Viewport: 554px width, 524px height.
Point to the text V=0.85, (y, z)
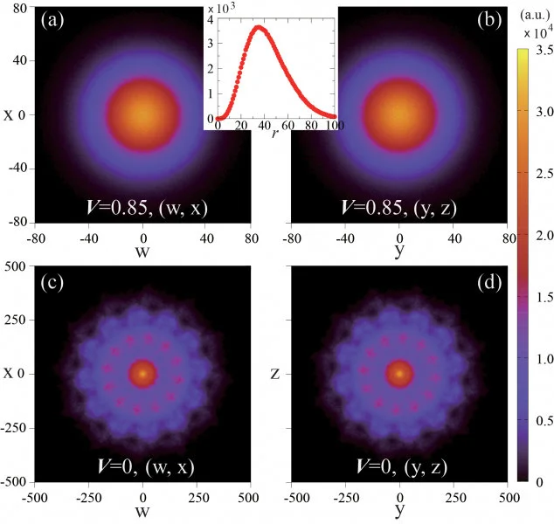coord(400,210)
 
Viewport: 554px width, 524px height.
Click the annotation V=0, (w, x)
coord(144,466)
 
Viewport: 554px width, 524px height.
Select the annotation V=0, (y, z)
coord(400,466)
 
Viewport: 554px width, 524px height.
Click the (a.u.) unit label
coord(532,17)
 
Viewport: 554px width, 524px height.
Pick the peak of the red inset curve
coord(259,27)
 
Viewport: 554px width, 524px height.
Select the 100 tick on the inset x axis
coord(332,126)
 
